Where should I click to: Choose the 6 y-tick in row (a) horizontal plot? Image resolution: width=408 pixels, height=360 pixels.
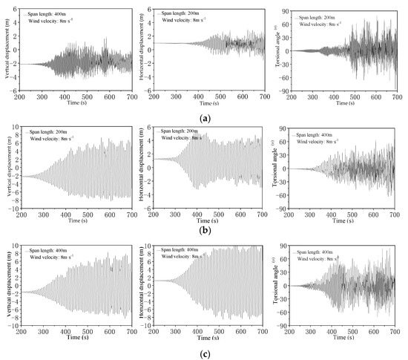(x=154, y=9)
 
